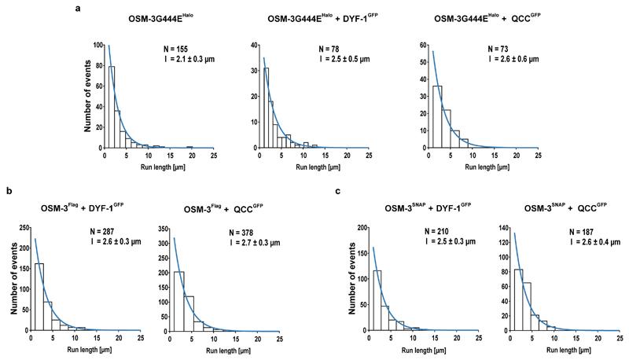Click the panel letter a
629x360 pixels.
(x=79, y=8)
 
